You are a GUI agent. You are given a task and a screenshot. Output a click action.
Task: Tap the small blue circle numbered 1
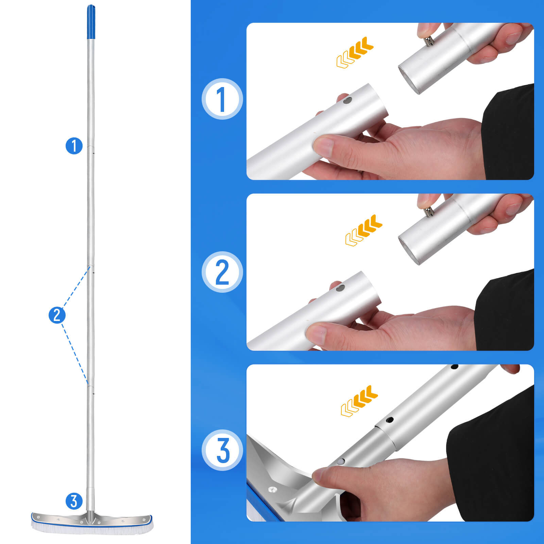pyautogui.click(x=74, y=146)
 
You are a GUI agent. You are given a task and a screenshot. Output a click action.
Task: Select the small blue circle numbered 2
pyautogui.click(x=57, y=315)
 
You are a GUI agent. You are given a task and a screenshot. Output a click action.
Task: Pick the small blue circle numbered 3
pyautogui.click(x=74, y=501)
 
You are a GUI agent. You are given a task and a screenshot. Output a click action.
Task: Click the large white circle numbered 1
pyautogui.click(x=222, y=99)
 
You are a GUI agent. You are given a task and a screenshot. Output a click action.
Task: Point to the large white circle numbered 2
pyautogui.click(x=222, y=272)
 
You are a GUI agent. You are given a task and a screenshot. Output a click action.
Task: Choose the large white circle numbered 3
pyautogui.click(x=222, y=450)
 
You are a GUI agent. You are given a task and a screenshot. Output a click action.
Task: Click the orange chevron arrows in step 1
pyautogui.click(x=355, y=52)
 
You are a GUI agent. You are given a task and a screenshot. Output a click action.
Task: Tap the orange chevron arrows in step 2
pyautogui.click(x=363, y=230)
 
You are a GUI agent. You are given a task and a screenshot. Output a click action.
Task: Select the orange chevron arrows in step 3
pyautogui.click(x=359, y=401)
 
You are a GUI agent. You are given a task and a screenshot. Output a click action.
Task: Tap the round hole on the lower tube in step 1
pyautogui.click(x=347, y=101)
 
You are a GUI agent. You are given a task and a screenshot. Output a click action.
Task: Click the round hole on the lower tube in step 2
pyautogui.click(x=340, y=288)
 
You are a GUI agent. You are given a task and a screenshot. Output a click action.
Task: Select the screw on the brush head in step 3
pyautogui.click(x=273, y=490)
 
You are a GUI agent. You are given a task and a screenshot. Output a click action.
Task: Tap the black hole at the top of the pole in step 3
pyautogui.click(x=454, y=367)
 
